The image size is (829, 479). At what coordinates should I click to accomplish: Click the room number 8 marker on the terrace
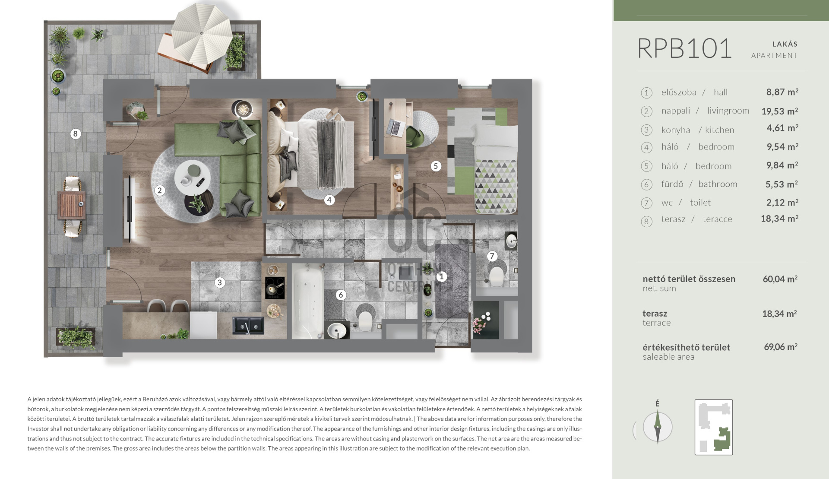76,134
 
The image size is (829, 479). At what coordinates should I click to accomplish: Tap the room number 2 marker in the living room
160,190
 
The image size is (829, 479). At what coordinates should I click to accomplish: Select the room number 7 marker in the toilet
492,256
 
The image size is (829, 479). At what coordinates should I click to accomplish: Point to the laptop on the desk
394,127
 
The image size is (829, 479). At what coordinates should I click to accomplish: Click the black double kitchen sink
248,326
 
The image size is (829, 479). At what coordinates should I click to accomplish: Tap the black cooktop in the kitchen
275,288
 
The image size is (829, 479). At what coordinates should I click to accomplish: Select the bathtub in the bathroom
307,301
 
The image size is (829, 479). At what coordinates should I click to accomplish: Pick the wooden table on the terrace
72,206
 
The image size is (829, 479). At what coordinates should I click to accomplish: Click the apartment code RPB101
685,48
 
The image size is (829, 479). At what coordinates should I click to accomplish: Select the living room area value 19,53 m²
780,111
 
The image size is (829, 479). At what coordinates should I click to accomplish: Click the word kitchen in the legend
720,130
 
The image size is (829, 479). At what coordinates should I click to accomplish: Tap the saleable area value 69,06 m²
781,347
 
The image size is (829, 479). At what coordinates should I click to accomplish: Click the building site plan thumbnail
714,427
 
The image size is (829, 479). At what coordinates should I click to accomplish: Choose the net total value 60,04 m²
780,279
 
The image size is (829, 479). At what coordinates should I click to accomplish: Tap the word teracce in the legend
718,219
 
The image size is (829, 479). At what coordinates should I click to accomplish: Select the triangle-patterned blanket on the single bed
496,187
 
